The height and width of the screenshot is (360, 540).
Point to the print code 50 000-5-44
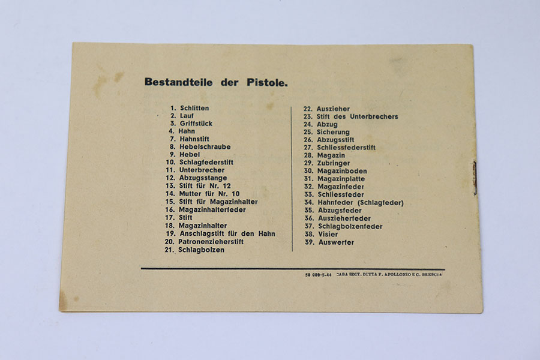click(318, 274)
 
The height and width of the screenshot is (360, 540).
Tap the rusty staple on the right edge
click(475, 178)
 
